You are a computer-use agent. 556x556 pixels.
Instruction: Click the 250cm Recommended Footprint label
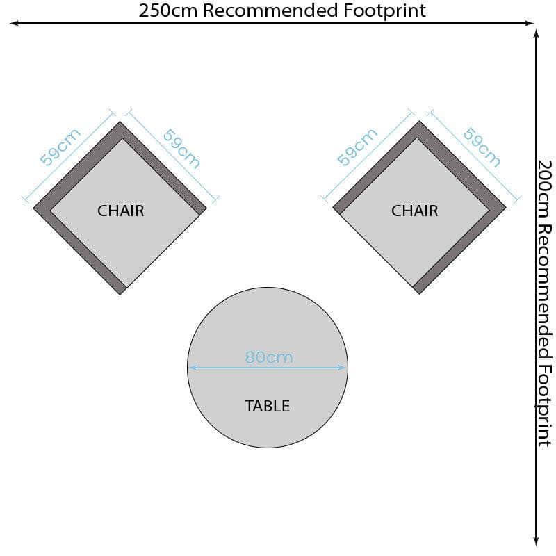point(282,10)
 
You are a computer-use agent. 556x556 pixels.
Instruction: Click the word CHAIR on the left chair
point(120,211)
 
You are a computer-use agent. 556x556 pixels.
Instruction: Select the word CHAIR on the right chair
point(414,211)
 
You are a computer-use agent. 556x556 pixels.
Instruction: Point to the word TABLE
point(268,406)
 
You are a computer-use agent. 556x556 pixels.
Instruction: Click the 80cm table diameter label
point(269,357)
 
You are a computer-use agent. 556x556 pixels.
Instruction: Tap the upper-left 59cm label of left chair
point(60,147)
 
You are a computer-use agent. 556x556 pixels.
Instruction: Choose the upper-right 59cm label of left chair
point(181,149)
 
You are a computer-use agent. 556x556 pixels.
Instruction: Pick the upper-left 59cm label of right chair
point(357,147)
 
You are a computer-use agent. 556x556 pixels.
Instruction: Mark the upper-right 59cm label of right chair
point(482,147)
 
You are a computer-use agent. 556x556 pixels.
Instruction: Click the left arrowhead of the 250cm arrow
point(13,24)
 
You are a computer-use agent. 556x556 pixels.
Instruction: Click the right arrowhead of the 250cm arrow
point(530,24)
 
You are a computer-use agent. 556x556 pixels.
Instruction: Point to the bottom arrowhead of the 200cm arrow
point(537,541)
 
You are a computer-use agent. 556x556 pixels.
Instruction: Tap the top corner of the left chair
point(120,122)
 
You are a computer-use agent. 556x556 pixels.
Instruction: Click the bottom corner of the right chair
point(419,294)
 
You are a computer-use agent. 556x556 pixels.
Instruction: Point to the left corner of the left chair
point(33,208)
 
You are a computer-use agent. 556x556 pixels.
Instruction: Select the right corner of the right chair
point(506,208)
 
